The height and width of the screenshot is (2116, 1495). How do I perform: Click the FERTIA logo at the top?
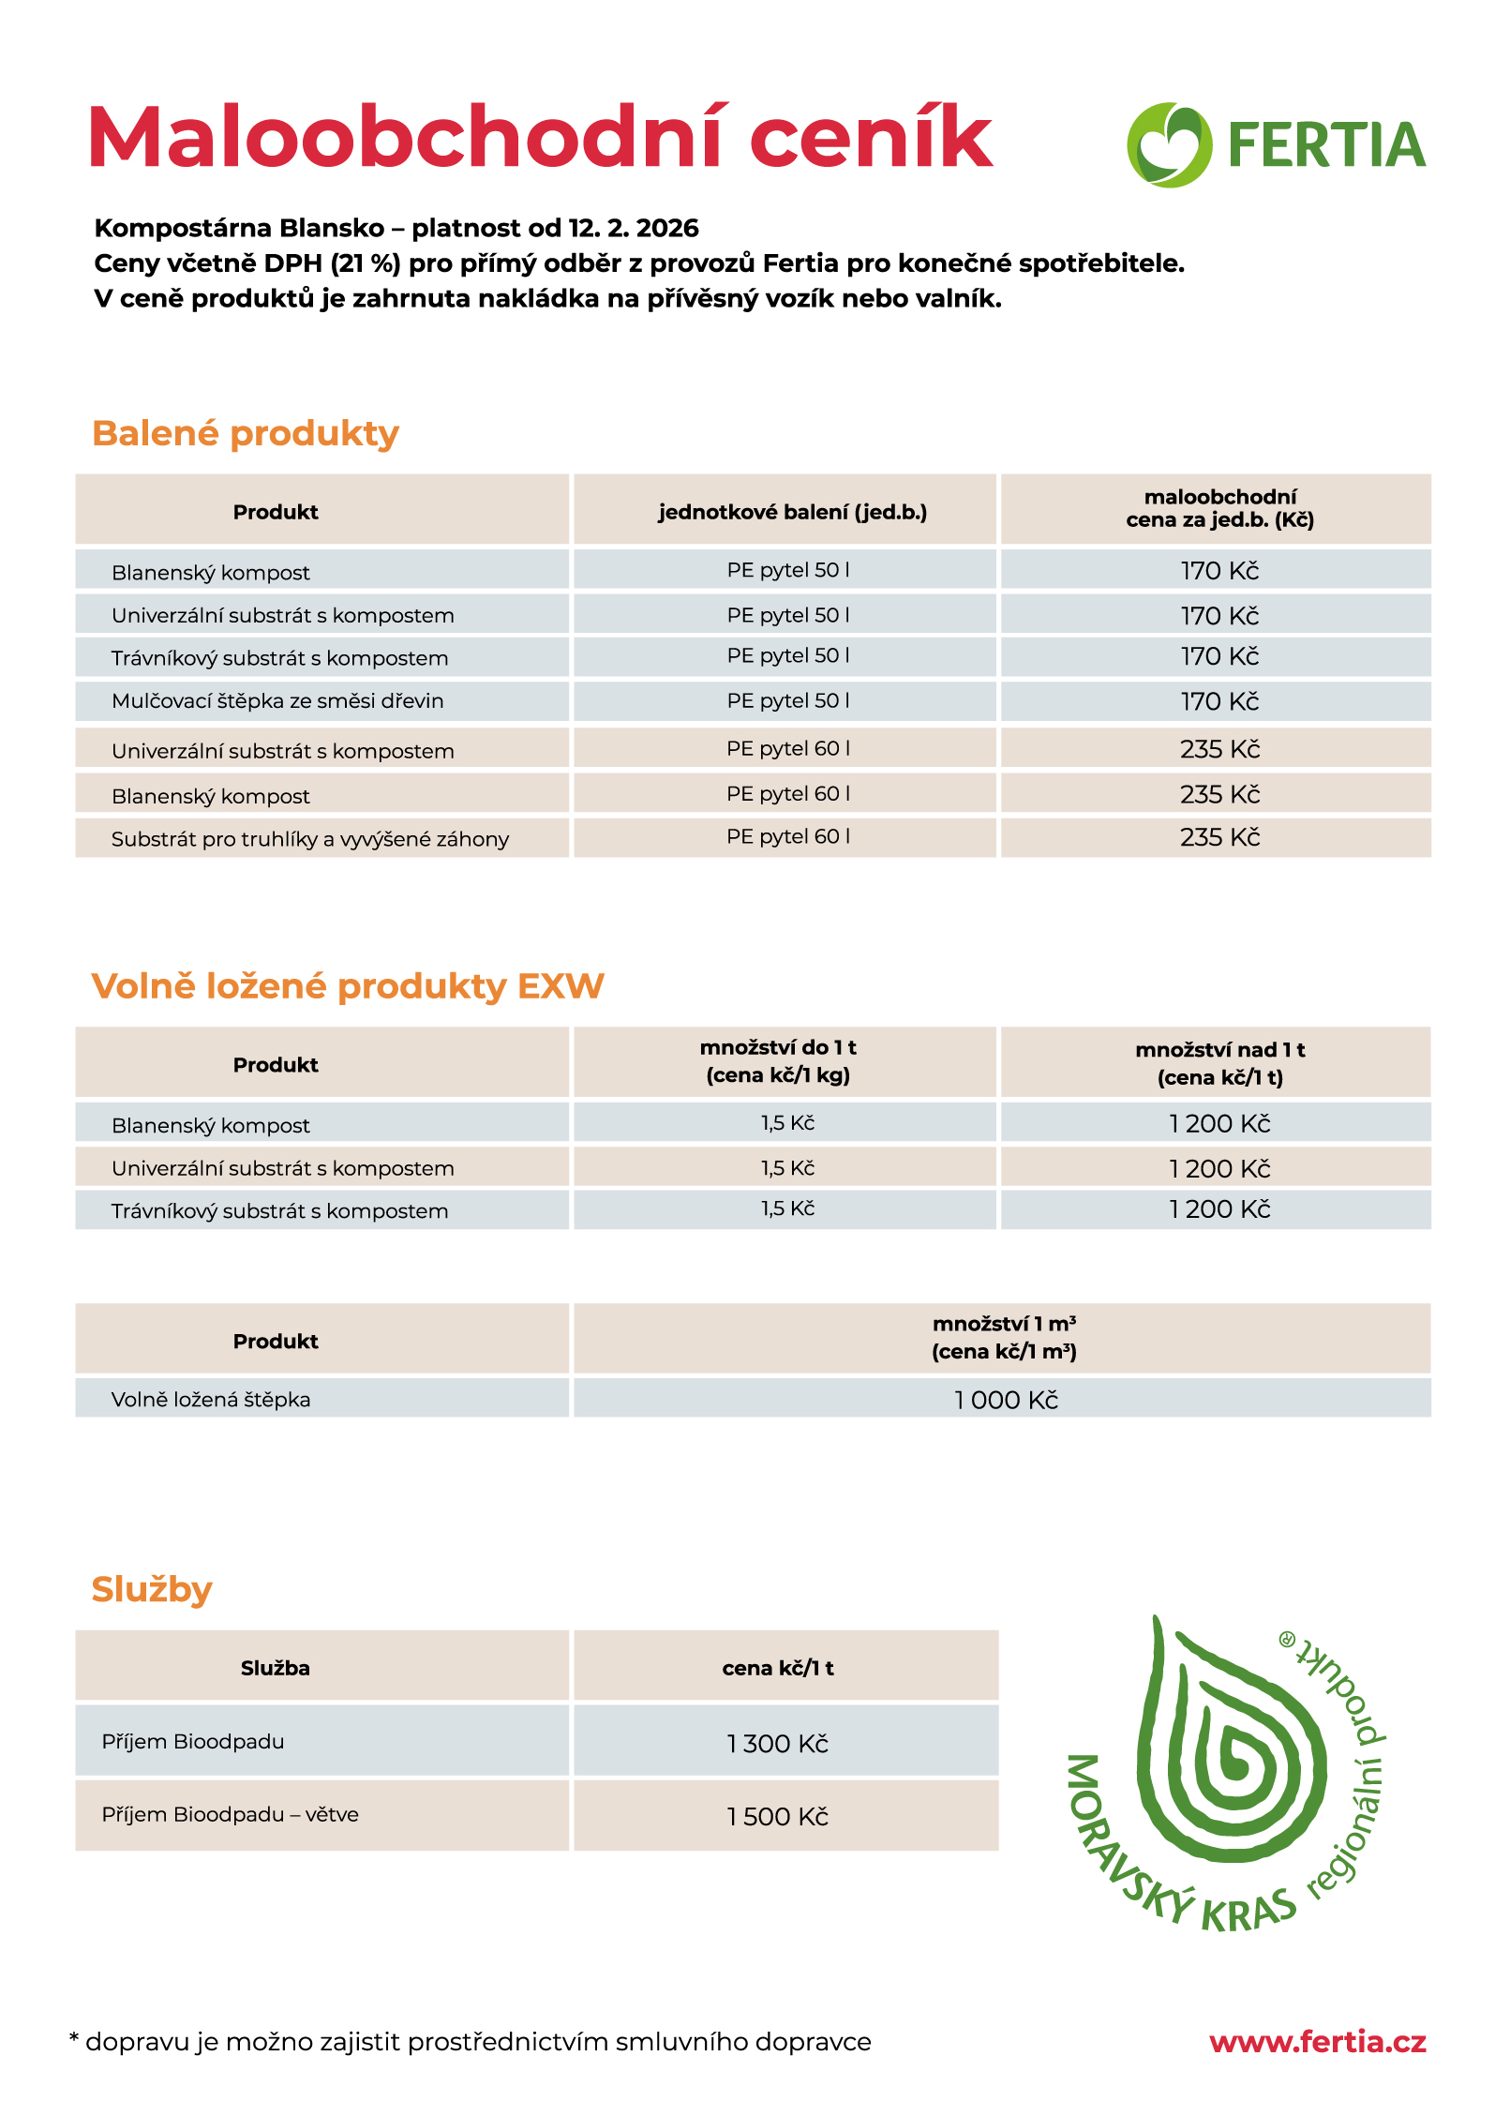(x=1276, y=144)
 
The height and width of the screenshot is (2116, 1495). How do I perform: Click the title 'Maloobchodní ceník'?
(x=540, y=138)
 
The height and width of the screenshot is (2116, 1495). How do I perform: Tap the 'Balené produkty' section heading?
(x=246, y=433)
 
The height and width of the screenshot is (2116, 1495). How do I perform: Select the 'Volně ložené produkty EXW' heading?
(x=348, y=986)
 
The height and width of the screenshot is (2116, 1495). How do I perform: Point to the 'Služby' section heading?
(x=152, y=1589)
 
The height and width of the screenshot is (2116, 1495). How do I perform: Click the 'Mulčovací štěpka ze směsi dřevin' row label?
(x=277, y=701)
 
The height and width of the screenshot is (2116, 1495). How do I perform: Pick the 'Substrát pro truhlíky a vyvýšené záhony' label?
(x=310, y=839)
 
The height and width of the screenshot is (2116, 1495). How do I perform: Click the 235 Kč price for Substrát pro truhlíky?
(x=1219, y=837)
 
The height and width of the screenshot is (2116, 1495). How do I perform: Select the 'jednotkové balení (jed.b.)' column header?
(x=792, y=512)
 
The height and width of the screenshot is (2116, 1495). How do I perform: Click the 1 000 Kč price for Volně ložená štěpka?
(x=1006, y=1400)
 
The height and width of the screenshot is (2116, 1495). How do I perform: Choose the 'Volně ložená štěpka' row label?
(x=211, y=1400)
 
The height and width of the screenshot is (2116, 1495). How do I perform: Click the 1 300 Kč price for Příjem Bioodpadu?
(x=778, y=1744)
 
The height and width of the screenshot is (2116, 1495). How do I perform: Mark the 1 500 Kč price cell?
(x=778, y=1817)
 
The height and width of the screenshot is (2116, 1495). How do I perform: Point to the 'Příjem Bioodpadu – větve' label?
(x=231, y=1815)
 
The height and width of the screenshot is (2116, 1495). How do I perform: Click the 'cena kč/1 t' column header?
(x=778, y=1668)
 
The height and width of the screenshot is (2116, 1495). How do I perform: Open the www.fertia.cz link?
(x=1317, y=2042)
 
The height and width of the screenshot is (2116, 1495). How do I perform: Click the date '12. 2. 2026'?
(x=634, y=228)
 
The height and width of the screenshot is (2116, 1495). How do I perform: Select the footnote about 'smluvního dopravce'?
(x=471, y=2042)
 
